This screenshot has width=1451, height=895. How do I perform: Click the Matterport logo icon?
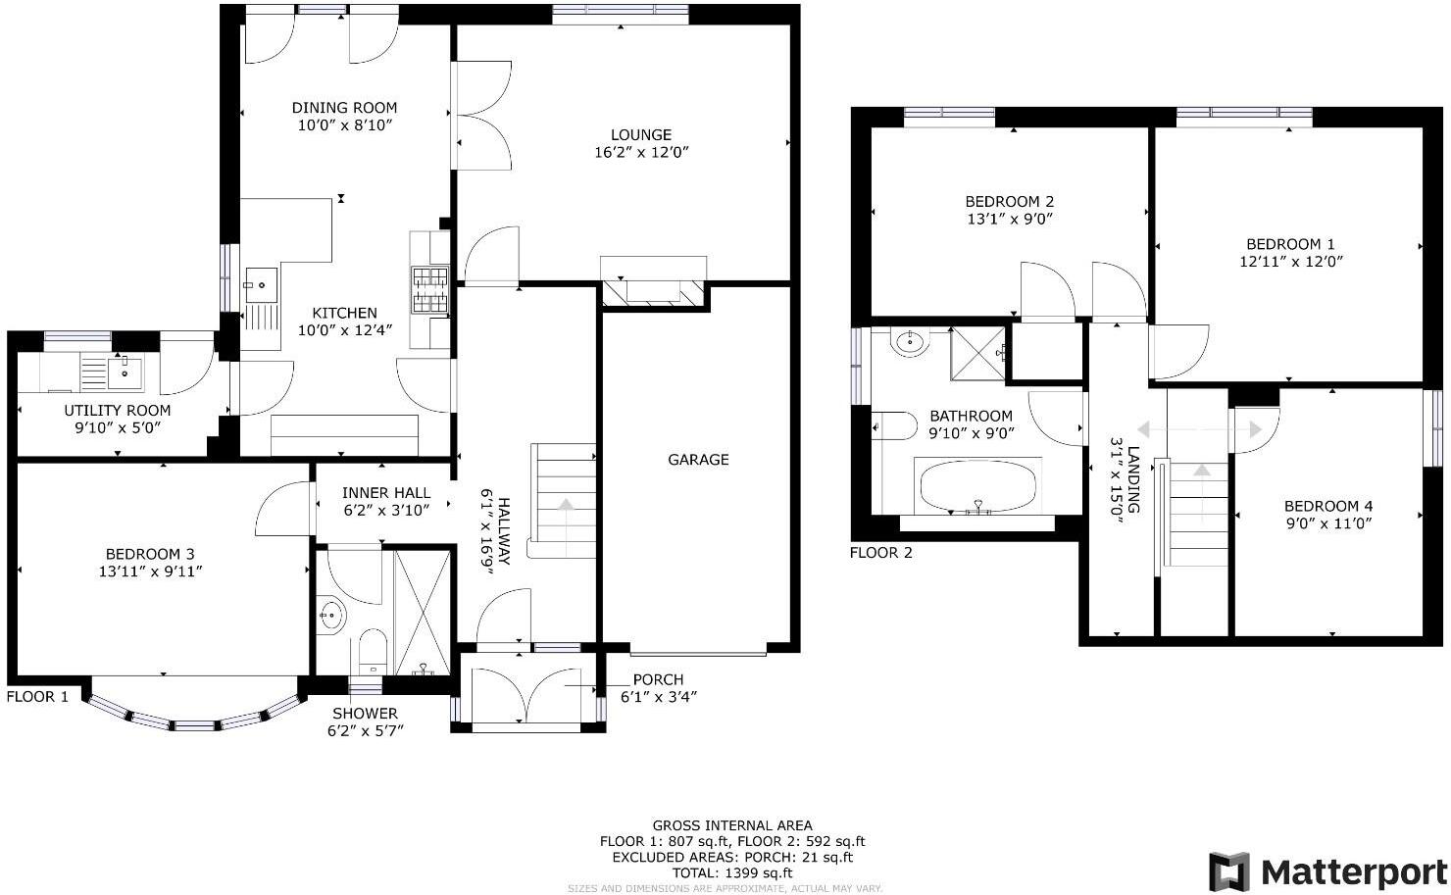pos(1229,870)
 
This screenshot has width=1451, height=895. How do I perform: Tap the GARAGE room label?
pos(698,460)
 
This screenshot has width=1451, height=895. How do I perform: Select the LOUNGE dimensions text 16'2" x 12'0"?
pos(641,153)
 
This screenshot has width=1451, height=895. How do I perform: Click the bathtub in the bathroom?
pos(976,485)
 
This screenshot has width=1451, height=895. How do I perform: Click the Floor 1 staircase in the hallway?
pos(564,500)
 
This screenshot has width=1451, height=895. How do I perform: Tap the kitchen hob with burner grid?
pos(429,290)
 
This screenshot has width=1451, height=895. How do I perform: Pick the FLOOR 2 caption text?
pos(880,553)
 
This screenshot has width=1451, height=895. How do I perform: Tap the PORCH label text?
pos(658,679)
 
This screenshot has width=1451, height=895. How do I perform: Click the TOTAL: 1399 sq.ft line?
pos(731,872)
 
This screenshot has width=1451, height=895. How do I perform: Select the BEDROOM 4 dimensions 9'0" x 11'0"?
pos(1327,523)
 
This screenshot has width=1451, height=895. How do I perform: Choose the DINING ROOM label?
pos(344,108)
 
